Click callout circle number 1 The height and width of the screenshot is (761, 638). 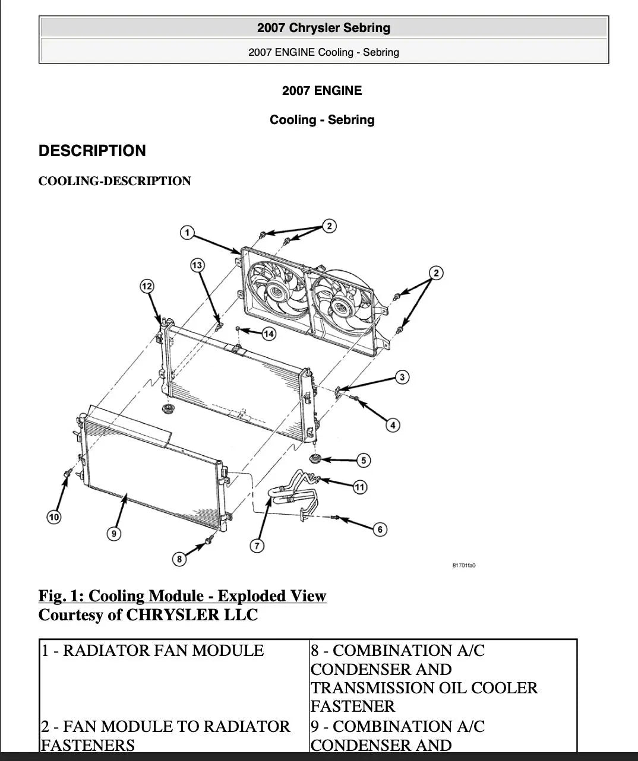[187, 233]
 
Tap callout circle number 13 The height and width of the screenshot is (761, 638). [197, 265]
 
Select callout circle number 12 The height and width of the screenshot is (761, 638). [147, 286]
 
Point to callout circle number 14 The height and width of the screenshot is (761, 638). [269, 334]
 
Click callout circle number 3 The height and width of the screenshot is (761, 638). [402, 377]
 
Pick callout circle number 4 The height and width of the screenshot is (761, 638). [393, 425]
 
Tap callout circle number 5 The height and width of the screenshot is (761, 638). [364, 460]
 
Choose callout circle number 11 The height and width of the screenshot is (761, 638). [359, 487]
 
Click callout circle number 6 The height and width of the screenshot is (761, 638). [380, 529]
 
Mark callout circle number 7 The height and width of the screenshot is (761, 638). [257, 546]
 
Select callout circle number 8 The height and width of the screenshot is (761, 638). [179, 559]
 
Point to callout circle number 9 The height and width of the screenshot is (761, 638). [114, 534]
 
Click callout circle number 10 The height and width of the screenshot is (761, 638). [54, 517]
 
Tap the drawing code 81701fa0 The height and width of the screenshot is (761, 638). [464, 565]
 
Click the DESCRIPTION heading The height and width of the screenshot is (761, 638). [92, 151]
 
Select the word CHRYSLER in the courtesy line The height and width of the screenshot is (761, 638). [173, 615]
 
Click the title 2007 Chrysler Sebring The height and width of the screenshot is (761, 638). [324, 28]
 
